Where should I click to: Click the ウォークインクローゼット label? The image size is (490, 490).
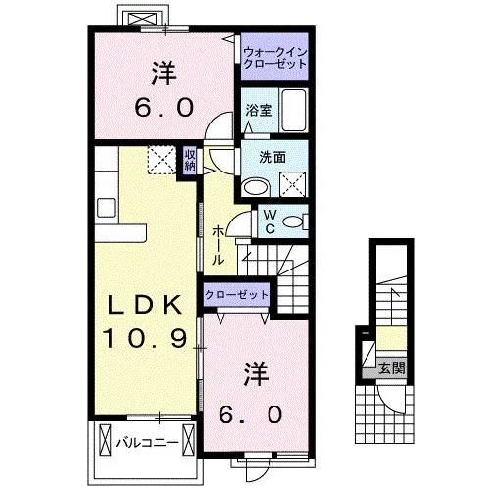coord(274,58)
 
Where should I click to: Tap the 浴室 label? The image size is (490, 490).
coord(259,111)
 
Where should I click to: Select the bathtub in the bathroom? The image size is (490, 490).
coord(294,110)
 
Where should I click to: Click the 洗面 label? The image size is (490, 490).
coord(272,158)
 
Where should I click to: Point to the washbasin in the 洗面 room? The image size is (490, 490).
coord(257,187)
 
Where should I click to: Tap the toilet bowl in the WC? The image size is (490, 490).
coord(293,222)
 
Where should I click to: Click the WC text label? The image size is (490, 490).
coord(269,221)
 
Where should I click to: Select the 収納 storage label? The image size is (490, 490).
coord(190,160)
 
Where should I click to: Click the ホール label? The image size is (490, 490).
coord(219,245)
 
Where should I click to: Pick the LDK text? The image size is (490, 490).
coord(145,305)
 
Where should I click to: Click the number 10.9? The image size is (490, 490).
coord(146,337)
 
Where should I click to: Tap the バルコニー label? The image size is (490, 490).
coord(147,443)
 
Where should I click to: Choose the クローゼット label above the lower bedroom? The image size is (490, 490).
coord(236,295)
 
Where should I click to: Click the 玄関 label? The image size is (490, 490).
coord(392,368)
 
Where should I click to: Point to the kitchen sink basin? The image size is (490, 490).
coord(106,207)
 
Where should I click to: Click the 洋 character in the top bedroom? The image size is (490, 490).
coord(164,73)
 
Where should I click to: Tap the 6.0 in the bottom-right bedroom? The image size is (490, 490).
coord(251,415)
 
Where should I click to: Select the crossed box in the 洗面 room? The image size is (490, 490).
coord(293,184)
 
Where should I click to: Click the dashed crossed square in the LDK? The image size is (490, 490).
coord(162,160)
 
